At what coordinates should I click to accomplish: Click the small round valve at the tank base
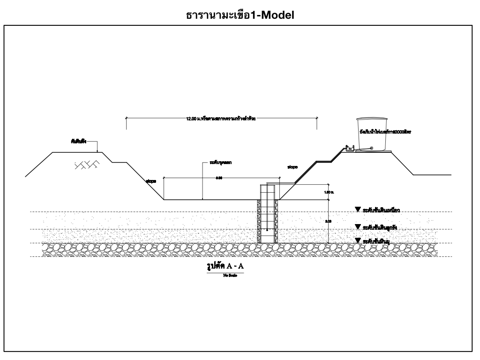(372, 149)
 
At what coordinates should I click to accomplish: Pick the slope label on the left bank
(150, 180)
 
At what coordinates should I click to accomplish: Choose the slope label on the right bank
(292, 166)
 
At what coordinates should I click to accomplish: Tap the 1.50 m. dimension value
(329, 192)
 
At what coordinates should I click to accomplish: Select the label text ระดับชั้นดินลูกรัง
(380, 227)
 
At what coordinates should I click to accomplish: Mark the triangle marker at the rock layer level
(358, 240)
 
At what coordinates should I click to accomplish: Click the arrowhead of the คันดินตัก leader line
(97, 151)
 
